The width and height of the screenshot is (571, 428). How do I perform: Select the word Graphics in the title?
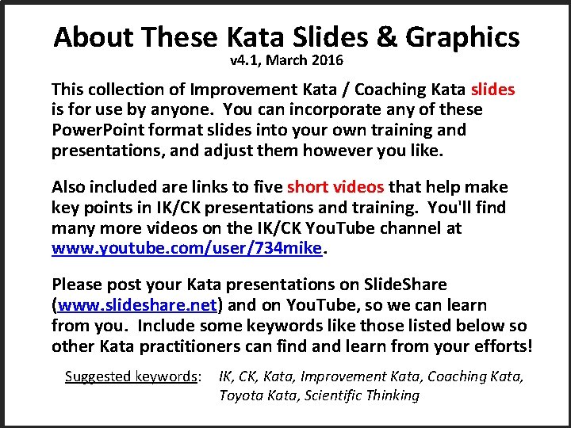(463, 37)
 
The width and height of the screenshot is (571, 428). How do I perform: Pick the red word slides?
(492, 89)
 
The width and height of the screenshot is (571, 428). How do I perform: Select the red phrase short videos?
(335, 187)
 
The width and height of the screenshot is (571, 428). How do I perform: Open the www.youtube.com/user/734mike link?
(187, 249)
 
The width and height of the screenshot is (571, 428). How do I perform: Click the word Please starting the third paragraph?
(77, 284)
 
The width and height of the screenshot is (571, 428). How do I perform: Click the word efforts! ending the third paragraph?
(505, 346)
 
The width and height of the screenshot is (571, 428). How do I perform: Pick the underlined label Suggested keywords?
(133, 376)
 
